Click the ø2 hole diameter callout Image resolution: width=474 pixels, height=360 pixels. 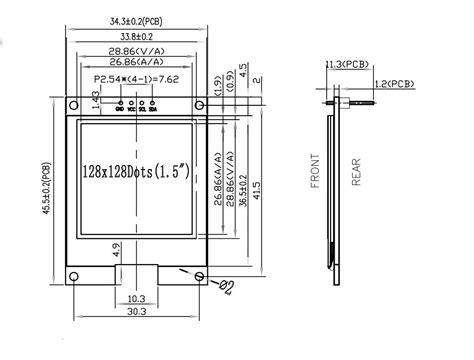coord(226,289)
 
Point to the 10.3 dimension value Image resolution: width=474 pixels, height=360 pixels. coord(138,299)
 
